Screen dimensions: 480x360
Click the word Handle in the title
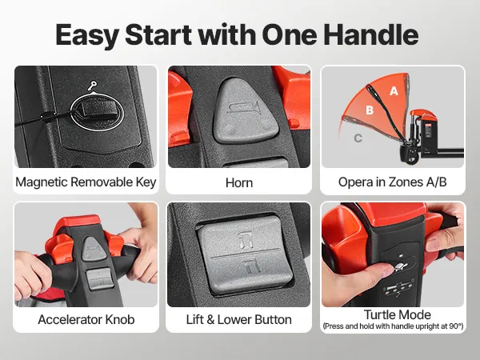tap(371, 34)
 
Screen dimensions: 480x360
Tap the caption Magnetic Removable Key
tap(86, 182)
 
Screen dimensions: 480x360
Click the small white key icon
tap(92, 86)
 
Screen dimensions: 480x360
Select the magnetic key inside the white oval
tap(98, 110)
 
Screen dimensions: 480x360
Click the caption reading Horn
tap(239, 182)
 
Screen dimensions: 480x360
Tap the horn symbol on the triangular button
tap(244, 108)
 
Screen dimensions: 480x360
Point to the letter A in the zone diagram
tap(394, 91)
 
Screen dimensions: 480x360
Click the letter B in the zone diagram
tap(370, 110)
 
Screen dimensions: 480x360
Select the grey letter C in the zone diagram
tap(358, 138)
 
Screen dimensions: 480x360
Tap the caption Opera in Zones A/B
tap(393, 182)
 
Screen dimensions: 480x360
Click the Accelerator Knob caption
tap(86, 319)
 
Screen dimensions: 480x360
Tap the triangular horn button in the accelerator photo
tap(94, 249)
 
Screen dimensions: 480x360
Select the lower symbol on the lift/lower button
tap(253, 265)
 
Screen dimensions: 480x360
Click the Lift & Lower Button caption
tap(238, 319)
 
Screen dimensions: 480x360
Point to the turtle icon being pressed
tap(399, 266)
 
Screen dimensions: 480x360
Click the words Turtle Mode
tap(397, 314)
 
